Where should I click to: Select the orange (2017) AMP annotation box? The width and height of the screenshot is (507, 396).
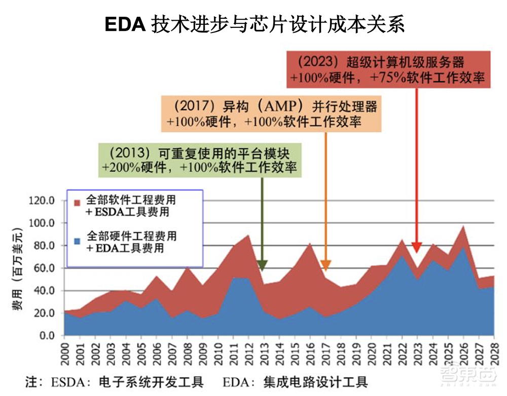point(271,115)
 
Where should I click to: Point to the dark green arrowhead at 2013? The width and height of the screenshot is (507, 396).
point(262,265)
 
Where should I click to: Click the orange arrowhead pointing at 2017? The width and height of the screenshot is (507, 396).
point(326,265)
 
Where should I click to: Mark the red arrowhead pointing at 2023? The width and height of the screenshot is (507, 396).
point(416,247)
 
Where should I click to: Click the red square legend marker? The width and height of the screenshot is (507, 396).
point(77,203)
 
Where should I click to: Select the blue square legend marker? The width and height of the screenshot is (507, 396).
point(77,240)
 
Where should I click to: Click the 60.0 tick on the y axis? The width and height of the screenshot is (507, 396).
point(45,268)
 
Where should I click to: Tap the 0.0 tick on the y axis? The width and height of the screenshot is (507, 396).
point(48,336)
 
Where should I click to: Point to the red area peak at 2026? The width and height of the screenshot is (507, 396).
point(462,227)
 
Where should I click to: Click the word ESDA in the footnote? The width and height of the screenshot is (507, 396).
point(66,382)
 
